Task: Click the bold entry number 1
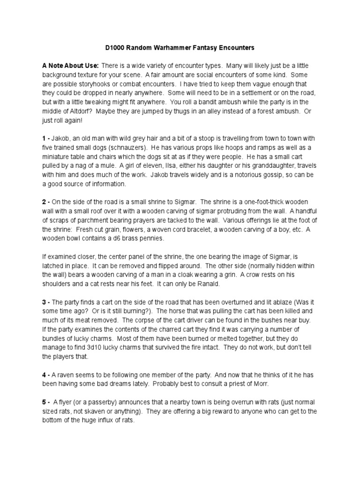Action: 44,138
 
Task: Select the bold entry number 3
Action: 44,300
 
